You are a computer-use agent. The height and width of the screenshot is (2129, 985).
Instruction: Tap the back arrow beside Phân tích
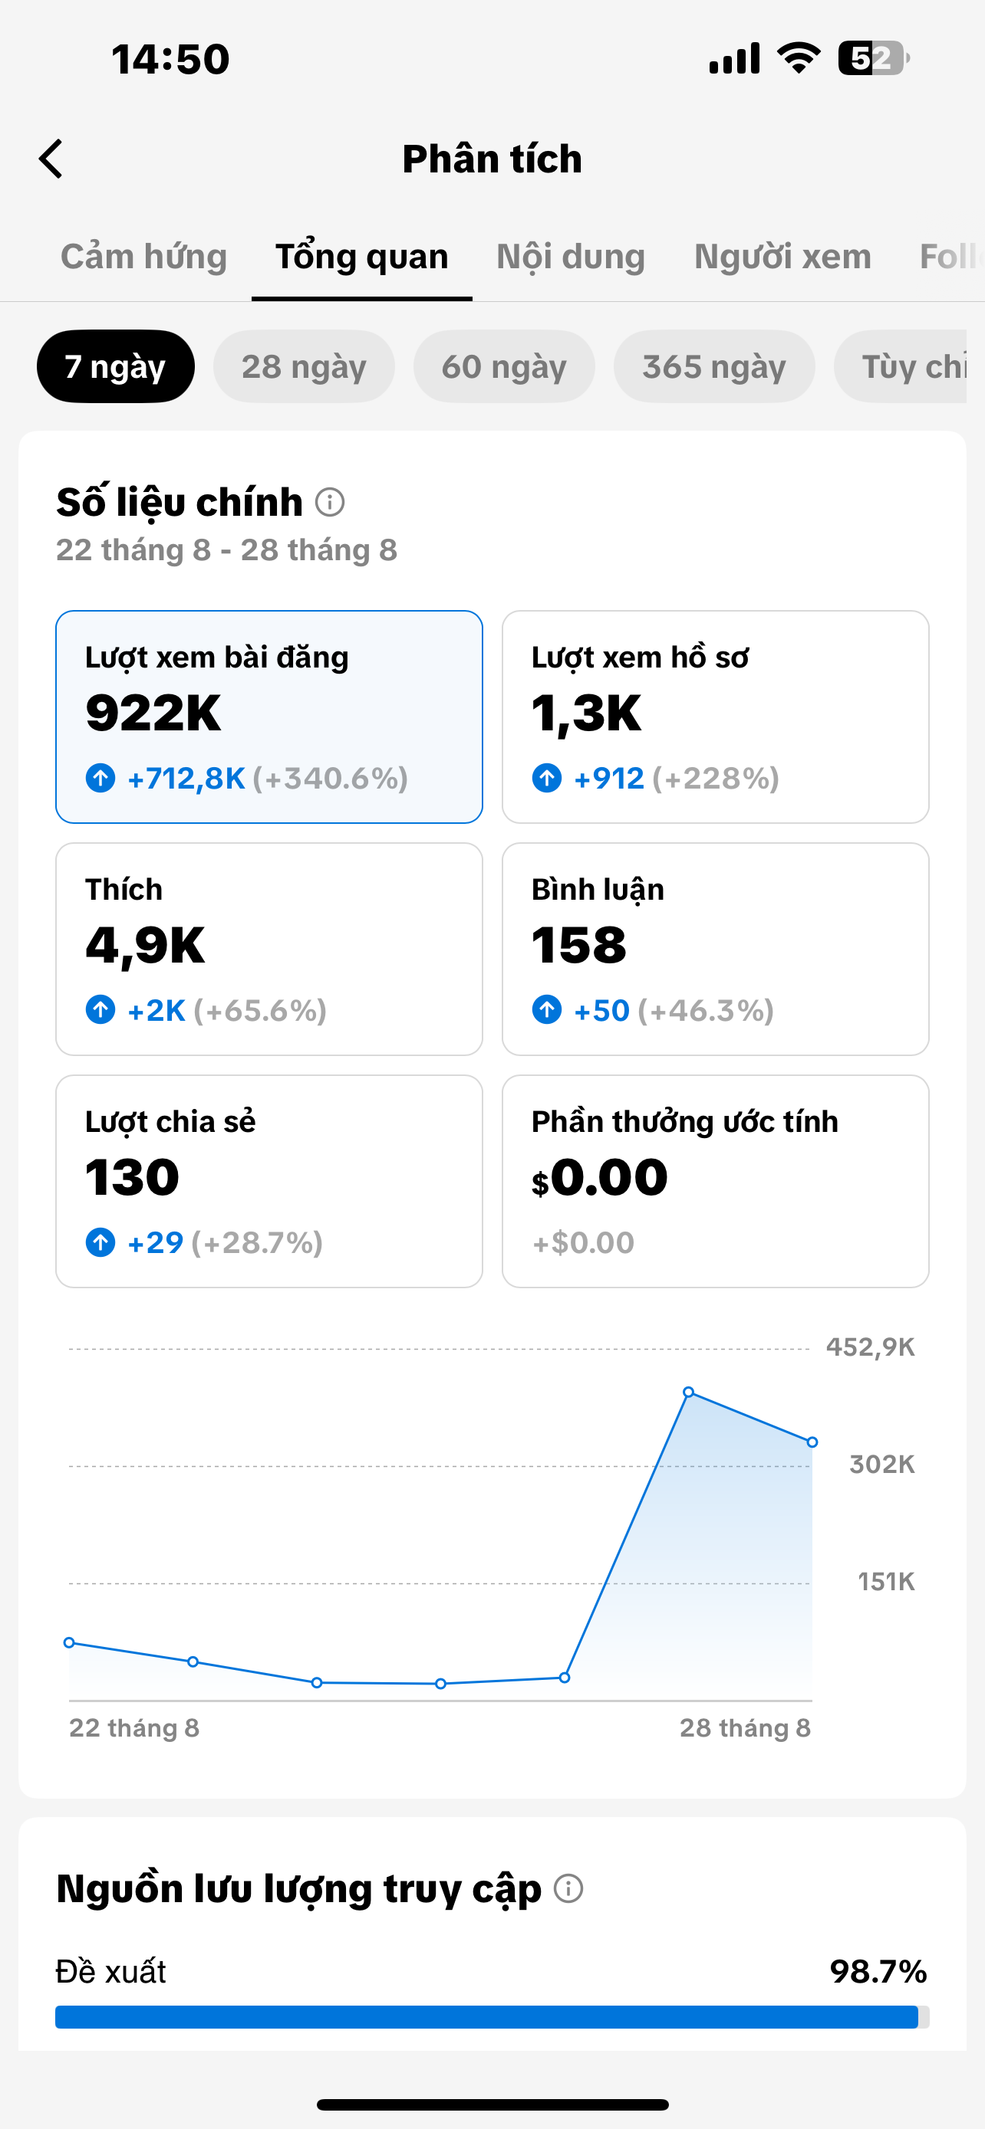(51, 159)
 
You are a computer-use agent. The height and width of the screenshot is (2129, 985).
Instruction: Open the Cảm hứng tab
(144, 257)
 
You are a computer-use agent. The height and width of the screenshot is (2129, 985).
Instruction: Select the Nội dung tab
(571, 257)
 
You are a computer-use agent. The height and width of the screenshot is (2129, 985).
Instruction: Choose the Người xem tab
(782, 257)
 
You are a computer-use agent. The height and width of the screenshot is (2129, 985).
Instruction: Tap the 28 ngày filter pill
(304, 366)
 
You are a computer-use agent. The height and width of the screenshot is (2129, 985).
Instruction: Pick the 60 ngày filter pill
(504, 366)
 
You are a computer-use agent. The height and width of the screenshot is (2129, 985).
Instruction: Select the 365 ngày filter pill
(713, 366)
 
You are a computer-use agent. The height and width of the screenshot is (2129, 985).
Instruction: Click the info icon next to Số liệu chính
(330, 502)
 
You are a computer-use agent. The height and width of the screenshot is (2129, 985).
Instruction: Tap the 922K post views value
(154, 713)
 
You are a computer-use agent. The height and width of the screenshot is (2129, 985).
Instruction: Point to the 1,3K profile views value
(586, 713)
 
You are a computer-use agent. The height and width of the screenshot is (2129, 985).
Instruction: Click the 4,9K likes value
(146, 946)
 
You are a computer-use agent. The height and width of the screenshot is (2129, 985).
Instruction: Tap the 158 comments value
(579, 946)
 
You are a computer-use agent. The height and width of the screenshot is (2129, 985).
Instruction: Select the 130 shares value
(132, 1177)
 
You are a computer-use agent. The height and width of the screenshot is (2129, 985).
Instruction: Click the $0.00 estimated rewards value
(600, 1178)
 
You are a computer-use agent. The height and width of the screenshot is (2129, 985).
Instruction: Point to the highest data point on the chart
(688, 1392)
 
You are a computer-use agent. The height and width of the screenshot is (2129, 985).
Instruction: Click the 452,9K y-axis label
(870, 1347)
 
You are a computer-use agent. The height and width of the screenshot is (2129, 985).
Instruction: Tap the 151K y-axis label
(886, 1581)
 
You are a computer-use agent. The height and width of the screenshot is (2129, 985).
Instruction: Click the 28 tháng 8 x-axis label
(745, 1727)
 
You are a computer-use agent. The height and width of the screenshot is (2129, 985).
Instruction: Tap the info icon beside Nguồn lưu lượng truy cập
(568, 1888)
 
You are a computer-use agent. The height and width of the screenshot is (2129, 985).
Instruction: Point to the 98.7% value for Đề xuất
(878, 1972)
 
